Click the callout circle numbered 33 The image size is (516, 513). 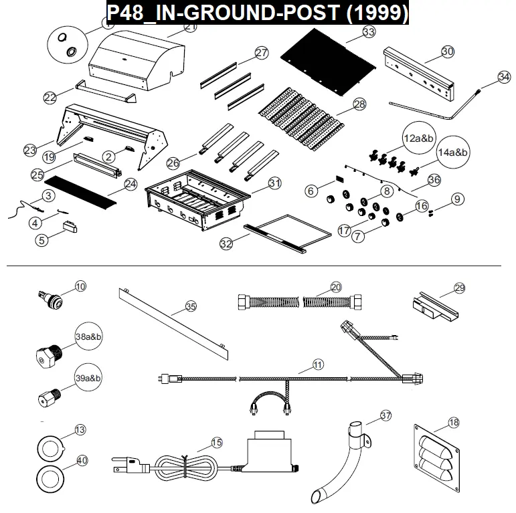[x=369, y=32]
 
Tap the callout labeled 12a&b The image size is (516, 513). [x=418, y=138]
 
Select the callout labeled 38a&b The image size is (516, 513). [x=88, y=336]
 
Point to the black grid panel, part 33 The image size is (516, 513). [x=328, y=62]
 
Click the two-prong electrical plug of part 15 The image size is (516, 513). [x=131, y=464]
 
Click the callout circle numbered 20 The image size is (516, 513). [x=336, y=288]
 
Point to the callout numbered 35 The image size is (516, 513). [x=191, y=306]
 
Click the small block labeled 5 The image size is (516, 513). [x=70, y=227]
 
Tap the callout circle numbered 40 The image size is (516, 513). [x=82, y=460]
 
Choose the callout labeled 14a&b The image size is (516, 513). [x=452, y=152]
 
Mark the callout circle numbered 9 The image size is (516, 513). [x=457, y=199]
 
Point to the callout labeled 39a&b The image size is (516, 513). [x=88, y=378]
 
